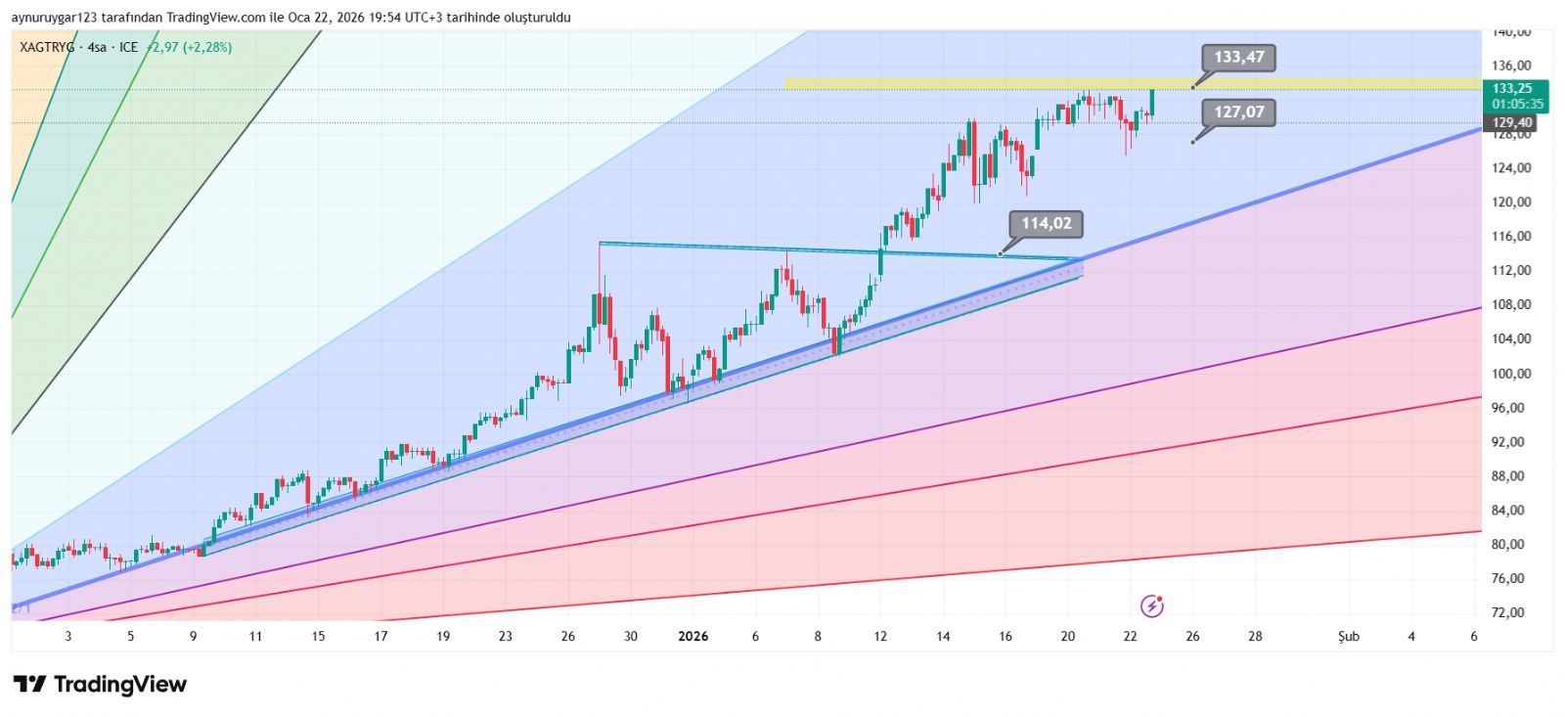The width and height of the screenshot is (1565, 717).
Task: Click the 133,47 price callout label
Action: coord(1238,57)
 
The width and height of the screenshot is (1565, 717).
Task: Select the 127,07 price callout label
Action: coord(1238,112)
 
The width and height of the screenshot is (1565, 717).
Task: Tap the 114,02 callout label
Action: coord(1046,223)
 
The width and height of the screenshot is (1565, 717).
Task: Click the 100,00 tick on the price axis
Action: coord(1511,374)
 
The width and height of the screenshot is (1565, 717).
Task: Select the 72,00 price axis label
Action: coord(1511,612)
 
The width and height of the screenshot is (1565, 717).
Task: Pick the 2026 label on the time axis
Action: coord(693,637)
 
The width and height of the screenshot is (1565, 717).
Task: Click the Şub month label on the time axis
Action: coord(1349,637)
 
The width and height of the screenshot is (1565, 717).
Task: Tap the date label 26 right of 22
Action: coord(1192,637)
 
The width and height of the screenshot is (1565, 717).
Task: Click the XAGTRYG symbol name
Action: coord(47,47)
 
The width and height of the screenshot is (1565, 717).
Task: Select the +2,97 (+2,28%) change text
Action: coord(190,47)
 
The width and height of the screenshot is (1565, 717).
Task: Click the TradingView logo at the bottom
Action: coord(100,684)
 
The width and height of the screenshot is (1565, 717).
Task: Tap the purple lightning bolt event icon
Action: coord(1152,606)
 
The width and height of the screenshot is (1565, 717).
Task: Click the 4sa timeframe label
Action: coord(97,47)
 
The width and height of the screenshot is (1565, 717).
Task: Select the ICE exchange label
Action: coord(129,47)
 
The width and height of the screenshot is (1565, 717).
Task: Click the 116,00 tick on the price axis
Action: coord(1511,237)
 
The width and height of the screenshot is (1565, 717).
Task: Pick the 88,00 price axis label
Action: coord(1511,476)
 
